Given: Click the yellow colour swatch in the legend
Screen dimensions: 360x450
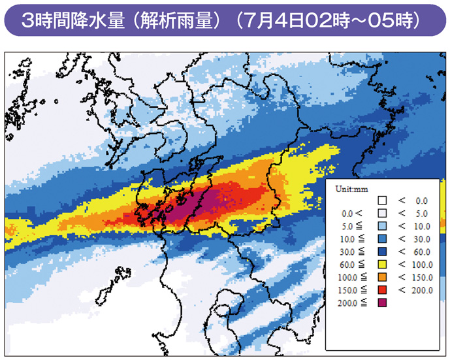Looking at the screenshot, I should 383,264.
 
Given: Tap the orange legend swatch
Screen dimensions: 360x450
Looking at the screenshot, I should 383,276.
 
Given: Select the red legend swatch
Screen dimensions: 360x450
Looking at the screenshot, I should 383,289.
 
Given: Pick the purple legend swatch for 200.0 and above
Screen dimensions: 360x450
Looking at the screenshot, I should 383,303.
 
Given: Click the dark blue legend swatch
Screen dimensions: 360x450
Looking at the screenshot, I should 383,252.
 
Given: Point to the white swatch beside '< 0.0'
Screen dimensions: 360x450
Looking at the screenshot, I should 383,201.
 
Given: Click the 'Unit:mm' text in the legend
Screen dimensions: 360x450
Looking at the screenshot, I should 352,188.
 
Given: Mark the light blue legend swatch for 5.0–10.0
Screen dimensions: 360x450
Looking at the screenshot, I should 383,226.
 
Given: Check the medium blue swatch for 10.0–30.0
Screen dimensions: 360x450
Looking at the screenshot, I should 383,238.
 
